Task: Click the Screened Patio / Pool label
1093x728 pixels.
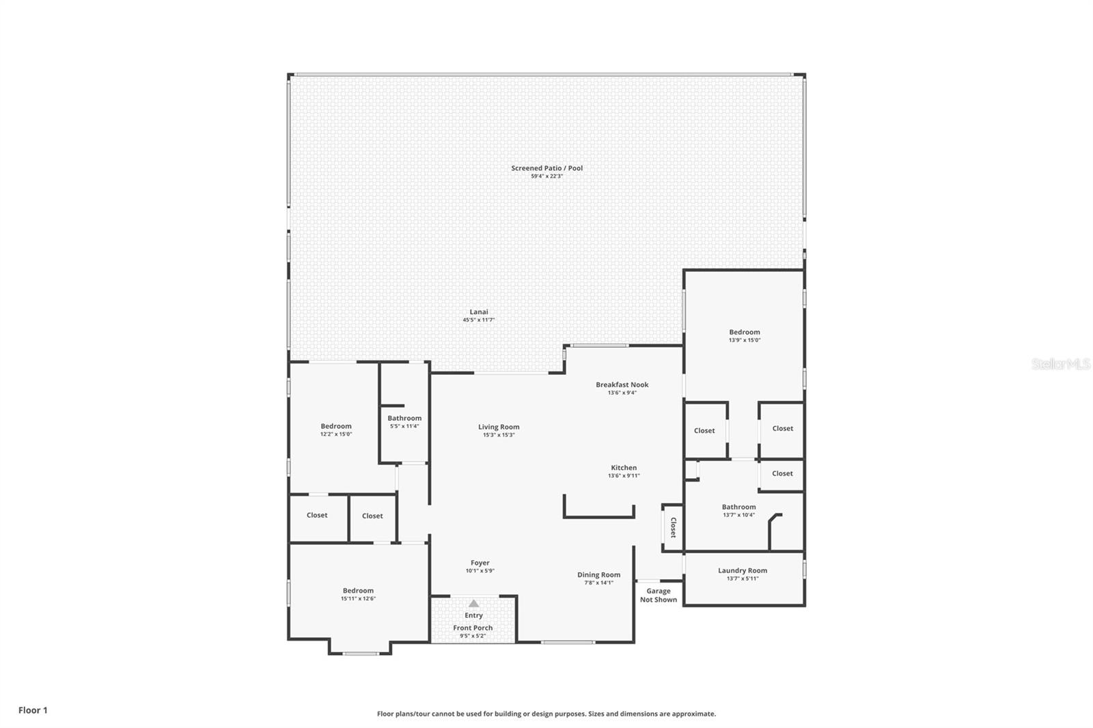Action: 546,168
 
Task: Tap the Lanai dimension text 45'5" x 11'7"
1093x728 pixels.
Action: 478,320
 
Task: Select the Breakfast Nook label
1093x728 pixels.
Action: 622,384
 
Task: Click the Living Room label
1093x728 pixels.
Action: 499,427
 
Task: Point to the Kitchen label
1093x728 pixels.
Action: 624,468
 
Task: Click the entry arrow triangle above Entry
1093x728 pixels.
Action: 473,603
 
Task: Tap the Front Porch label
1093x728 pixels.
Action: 473,628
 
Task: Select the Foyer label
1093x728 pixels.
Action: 480,563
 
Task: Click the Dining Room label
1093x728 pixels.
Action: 598,574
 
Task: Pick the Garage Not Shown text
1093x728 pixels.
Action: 659,596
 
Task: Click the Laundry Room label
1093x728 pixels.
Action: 742,570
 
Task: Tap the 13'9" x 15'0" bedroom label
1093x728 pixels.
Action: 744,333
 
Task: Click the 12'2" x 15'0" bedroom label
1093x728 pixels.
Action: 336,426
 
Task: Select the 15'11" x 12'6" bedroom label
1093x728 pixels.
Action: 358,591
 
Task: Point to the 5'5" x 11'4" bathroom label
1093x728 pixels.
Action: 404,418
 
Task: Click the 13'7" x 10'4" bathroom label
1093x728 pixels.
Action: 738,507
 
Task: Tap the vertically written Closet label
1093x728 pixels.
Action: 673,527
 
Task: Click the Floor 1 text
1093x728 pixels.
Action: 33,710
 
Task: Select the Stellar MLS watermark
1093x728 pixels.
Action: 1060,364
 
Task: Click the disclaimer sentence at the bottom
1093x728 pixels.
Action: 546,714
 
